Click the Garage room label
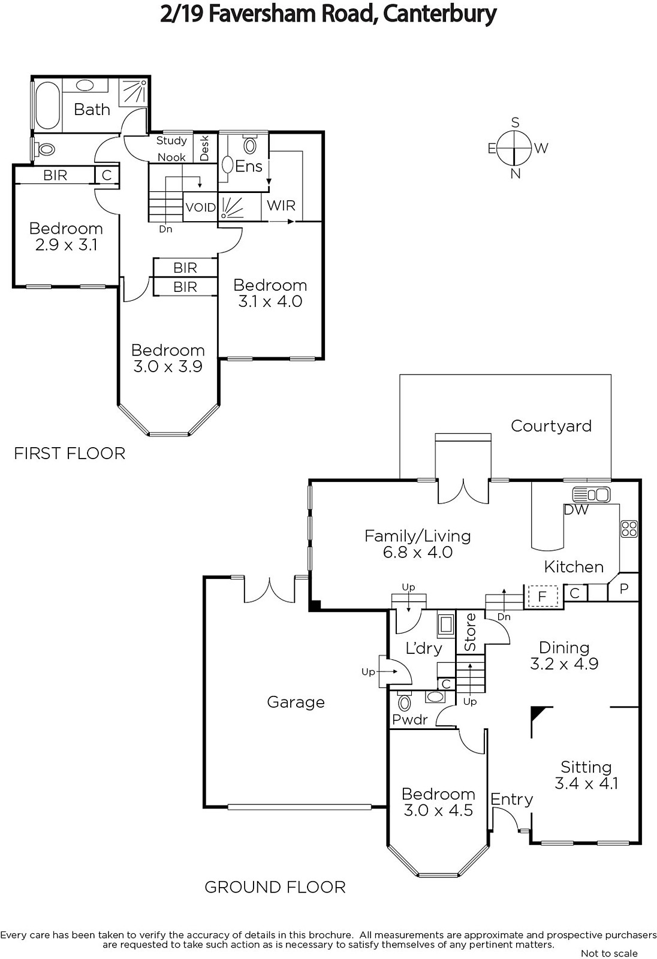(296, 702)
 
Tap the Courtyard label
(551, 426)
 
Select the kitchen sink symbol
(592, 494)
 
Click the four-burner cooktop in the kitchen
(629, 528)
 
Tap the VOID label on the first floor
(200, 207)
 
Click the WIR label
(281, 206)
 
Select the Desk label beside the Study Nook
(205, 147)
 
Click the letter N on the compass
(516, 174)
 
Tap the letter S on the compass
(516, 123)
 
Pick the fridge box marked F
(543, 596)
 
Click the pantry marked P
(623, 588)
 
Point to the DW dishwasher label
(576, 509)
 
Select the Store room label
(470, 632)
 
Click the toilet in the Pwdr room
(404, 701)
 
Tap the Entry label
(511, 799)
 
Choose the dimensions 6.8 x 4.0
(418, 552)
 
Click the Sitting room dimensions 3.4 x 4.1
(586, 783)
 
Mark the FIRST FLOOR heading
(70, 453)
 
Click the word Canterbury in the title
(439, 14)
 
